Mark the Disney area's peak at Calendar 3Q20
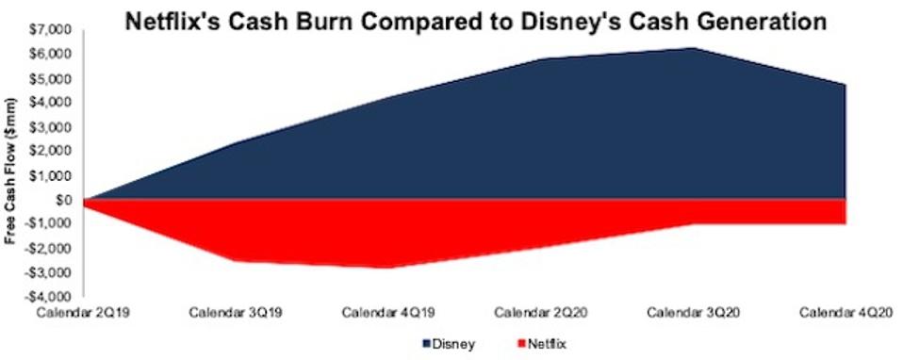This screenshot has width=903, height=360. click(x=693, y=48)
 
